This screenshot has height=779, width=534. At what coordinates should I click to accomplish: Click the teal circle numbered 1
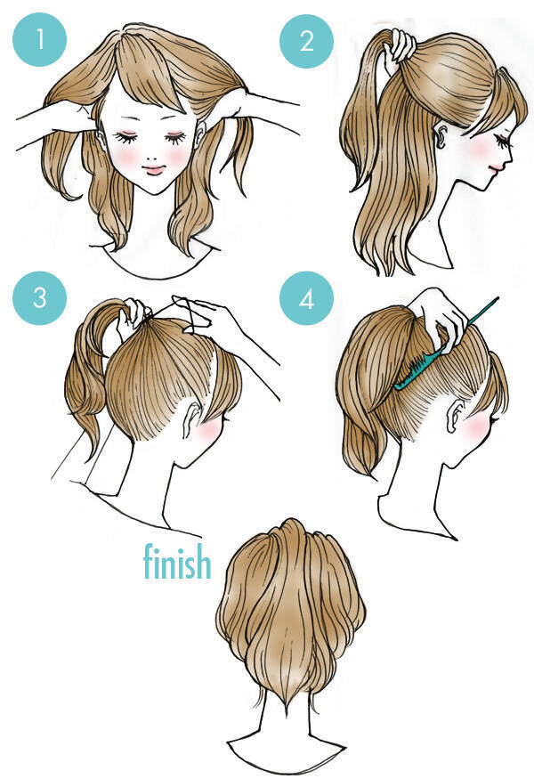click(x=40, y=40)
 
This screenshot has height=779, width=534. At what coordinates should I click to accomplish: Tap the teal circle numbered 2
click(x=306, y=41)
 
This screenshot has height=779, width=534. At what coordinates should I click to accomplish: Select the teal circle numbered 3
click(x=40, y=298)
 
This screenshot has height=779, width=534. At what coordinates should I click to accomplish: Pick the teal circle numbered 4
click(x=306, y=299)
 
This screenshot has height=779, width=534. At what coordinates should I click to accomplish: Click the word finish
click(x=177, y=562)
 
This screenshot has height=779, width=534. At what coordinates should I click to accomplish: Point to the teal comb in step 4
click(x=445, y=344)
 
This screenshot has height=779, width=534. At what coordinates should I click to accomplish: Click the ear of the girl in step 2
click(x=441, y=136)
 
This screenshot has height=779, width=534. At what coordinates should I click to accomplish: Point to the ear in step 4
click(x=455, y=418)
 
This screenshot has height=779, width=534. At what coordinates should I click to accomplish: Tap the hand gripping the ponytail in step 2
click(x=400, y=45)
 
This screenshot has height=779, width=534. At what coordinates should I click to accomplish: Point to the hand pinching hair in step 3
click(x=133, y=316)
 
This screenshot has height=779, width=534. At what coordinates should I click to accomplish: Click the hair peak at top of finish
click(x=292, y=521)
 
